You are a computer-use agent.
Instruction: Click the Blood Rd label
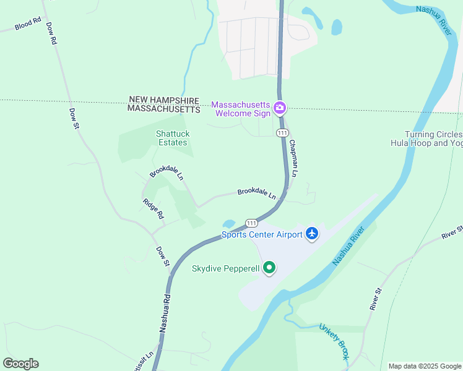pyautogui.click(x=27, y=25)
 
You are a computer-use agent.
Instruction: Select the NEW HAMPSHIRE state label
pyautogui.click(x=164, y=100)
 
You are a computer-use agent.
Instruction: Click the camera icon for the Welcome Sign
pyautogui.click(x=280, y=109)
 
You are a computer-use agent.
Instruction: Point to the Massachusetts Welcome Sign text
pyautogui.click(x=241, y=109)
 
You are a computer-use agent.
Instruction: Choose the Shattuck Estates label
pyautogui.click(x=173, y=138)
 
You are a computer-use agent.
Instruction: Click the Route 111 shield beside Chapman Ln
pyautogui.click(x=282, y=133)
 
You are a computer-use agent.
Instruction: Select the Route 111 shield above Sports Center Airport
pyautogui.click(x=251, y=223)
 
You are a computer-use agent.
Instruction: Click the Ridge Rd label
pyautogui.click(x=153, y=208)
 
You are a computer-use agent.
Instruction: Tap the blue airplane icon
pyautogui.click(x=311, y=234)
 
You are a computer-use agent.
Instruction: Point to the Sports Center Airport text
pyautogui.click(x=262, y=234)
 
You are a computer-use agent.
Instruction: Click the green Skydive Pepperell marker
pyautogui.click(x=269, y=268)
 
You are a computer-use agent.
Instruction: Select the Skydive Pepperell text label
pyautogui.click(x=226, y=268)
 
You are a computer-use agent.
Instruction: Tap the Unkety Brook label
pyautogui.click(x=334, y=341)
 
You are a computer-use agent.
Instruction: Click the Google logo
pyautogui.click(x=20, y=364)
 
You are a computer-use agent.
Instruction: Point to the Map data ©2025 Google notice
pyautogui.click(x=425, y=366)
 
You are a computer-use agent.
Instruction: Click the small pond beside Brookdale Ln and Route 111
pyautogui.click(x=229, y=223)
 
